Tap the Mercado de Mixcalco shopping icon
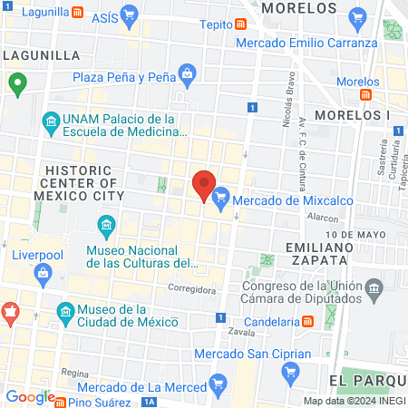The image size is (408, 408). [x=220, y=195]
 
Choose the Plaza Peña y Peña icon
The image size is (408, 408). [x=188, y=73]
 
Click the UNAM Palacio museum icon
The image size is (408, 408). [x=50, y=119]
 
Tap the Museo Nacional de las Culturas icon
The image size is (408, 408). [x=105, y=224]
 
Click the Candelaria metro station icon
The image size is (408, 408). [x=308, y=322]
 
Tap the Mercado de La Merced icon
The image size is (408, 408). [x=217, y=386]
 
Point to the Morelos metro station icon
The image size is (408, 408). [x=367, y=94]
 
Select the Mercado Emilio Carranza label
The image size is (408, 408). [x=306, y=43]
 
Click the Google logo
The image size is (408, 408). [x=30, y=396]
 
